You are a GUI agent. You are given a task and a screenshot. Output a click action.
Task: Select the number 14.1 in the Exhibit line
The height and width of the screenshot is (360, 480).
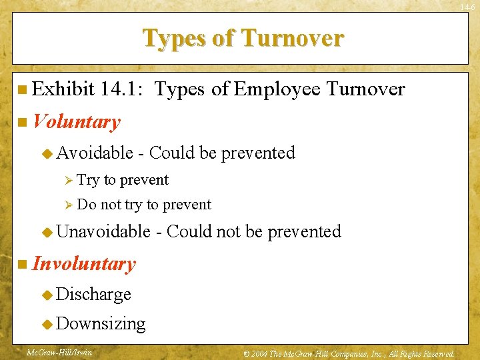point(124,89)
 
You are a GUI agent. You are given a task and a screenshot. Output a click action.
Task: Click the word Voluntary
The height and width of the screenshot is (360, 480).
point(77,121)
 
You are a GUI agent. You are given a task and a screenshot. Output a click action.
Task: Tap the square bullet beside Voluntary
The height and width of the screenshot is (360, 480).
point(23,122)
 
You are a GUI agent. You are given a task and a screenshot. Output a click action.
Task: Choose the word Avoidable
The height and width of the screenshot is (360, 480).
point(95,153)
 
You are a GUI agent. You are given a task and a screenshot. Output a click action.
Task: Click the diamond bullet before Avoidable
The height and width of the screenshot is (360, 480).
point(47,153)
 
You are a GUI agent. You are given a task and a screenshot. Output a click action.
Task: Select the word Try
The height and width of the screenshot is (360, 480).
point(87,180)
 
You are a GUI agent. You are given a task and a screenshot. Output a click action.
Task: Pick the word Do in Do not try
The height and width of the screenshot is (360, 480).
point(87,205)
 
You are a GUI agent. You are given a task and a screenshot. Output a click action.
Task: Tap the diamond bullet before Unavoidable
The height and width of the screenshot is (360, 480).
point(47,232)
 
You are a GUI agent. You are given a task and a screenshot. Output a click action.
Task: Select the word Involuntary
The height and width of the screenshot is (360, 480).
point(84,263)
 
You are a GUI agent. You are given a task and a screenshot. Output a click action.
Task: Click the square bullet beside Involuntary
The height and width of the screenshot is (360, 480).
point(23,264)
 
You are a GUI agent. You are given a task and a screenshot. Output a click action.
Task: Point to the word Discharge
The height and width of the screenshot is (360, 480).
point(94,294)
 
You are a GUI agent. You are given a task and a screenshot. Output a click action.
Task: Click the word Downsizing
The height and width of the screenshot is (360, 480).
point(101,323)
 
